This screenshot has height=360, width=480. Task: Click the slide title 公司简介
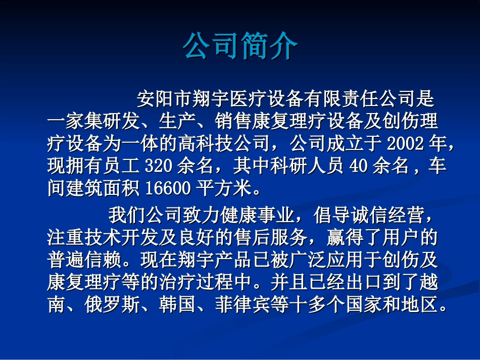pyautogui.click(x=241, y=46)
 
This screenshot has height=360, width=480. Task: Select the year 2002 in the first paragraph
pyautogui.click(x=404, y=144)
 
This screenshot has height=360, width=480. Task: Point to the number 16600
pyautogui.click(x=168, y=188)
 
